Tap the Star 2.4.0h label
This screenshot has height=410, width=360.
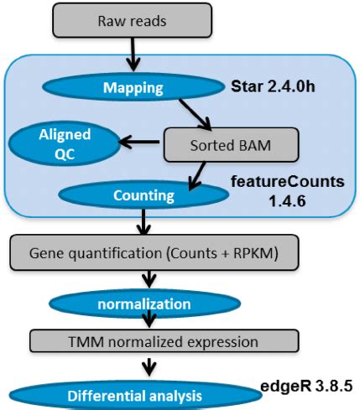(276, 86)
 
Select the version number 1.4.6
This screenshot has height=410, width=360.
(290, 203)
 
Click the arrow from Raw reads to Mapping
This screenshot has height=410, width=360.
(133, 55)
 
